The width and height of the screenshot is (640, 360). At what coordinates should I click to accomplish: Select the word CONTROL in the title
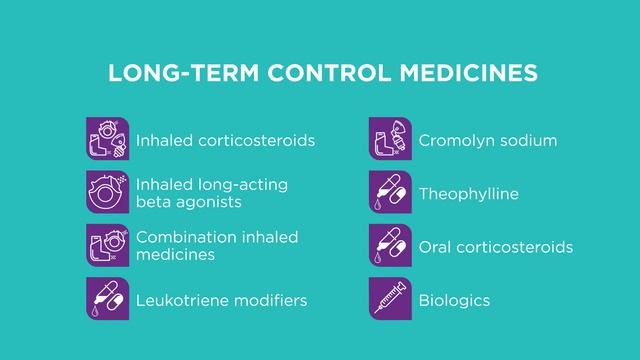tap(307, 75)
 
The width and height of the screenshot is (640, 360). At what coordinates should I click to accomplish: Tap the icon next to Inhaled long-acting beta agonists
tap(107, 193)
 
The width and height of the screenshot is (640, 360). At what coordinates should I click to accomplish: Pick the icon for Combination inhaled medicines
tap(107, 246)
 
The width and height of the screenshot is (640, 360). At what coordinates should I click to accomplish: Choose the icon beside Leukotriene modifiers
tap(107, 299)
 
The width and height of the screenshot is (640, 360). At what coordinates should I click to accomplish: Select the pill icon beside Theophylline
tap(390, 193)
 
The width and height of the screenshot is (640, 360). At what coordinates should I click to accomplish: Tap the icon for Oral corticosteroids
tap(390, 246)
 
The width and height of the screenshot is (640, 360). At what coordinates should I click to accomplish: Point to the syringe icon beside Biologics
tap(390, 299)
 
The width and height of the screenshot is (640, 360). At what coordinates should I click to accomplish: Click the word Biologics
tap(454, 300)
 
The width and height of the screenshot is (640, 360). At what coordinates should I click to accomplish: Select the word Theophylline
tap(468, 194)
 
